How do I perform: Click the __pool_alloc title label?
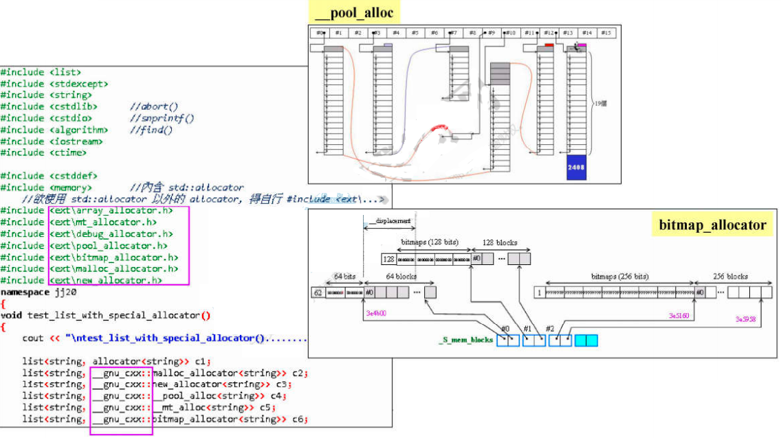[x=354, y=13]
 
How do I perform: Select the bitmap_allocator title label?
[x=712, y=224]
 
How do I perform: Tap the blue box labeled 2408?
[x=576, y=168]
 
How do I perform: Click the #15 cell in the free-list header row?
[x=605, y=32]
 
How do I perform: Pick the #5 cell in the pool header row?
[x=415, y=32]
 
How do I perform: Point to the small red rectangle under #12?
[x=549, y=45]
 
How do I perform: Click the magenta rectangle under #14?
[x=582, y=45]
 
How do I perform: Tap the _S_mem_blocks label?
[x=466, y=340]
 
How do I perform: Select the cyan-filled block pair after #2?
[x=586, y=340]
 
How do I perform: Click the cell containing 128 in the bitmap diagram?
[x=388, y=259]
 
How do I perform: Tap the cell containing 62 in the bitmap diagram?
[x=318, y=292]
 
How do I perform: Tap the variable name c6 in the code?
[x=297, y=419]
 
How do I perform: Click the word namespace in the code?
[x=23, y=292]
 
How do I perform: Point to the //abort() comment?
[x=154, y=106]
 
